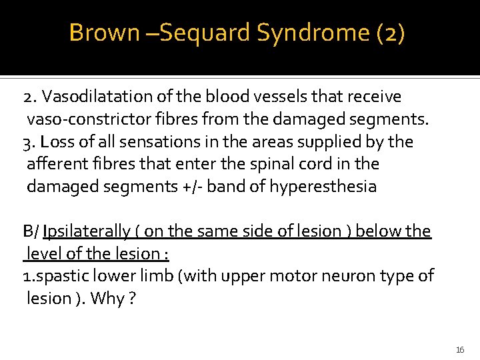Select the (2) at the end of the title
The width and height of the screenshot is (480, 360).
pyautogui.click(x=390, y=33)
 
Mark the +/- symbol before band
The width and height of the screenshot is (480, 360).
pyautogui.click(x=192, y=187)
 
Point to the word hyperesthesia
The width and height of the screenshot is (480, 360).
pyautogui.click(x=323, y=187)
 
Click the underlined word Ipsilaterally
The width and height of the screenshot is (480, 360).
pyautogui.click(x=86, y=231)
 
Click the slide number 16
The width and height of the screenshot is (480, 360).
pyautogui.click(x=460, y=349)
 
